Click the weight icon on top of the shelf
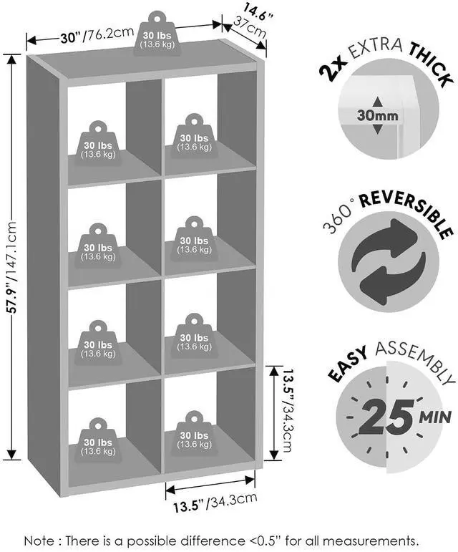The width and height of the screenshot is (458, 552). [157, 34]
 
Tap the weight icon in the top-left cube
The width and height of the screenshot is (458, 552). [98, 143]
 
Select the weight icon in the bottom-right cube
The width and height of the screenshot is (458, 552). [194, 433]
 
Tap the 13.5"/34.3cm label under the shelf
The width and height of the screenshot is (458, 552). [215, 502]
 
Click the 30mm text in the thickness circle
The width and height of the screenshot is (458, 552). [378, 115]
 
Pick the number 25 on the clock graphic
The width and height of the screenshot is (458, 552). [386, 417]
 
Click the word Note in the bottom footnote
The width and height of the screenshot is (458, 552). [39, 540]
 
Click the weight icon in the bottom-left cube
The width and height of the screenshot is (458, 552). [98, 440]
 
